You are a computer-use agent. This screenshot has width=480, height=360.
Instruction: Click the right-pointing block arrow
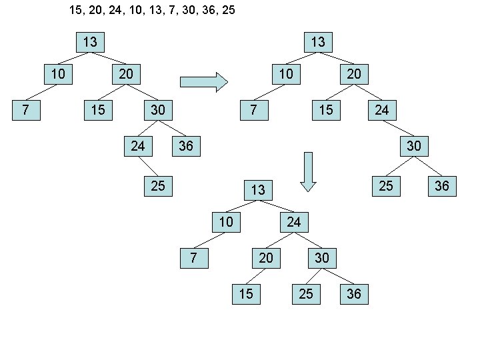click(204, 82)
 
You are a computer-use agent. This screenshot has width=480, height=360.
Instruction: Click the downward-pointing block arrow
click(308, 172)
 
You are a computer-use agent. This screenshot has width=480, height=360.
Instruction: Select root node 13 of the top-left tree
click(90, 42)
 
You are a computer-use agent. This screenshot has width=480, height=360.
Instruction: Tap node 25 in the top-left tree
click(158, 185)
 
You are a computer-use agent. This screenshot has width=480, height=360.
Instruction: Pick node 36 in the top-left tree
click(186, 145)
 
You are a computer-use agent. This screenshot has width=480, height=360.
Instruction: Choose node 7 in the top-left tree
click(25, 109)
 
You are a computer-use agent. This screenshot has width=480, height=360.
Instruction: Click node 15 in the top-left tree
click(98, 109)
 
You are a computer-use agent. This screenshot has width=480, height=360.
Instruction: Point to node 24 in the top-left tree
click(138, 145)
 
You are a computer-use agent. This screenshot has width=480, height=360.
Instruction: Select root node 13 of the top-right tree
click(318, 42)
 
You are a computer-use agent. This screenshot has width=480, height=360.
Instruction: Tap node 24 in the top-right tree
click(381, 109)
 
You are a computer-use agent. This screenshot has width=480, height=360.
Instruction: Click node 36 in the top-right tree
click(442, 185)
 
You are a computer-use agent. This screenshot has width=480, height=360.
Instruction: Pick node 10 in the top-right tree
click(286, 73)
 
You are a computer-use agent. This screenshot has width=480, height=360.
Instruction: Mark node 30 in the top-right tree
click(413, 145)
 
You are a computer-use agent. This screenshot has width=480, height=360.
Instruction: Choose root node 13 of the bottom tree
click(258, 190)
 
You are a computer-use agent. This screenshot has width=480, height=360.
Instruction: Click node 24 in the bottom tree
click(294, 221)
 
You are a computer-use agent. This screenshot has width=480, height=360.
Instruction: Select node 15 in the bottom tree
click(246, 293)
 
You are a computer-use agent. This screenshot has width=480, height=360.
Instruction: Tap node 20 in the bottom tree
click(266, 257)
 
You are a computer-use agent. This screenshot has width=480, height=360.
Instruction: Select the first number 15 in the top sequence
click(77, 11)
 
